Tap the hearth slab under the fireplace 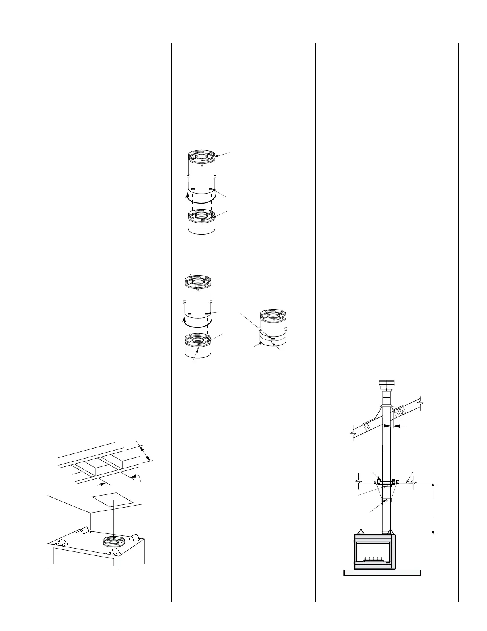pos(382,573)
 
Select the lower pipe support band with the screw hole pos(386,500)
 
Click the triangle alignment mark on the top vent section pos(202,166)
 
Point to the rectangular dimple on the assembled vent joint pos(273,339)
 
